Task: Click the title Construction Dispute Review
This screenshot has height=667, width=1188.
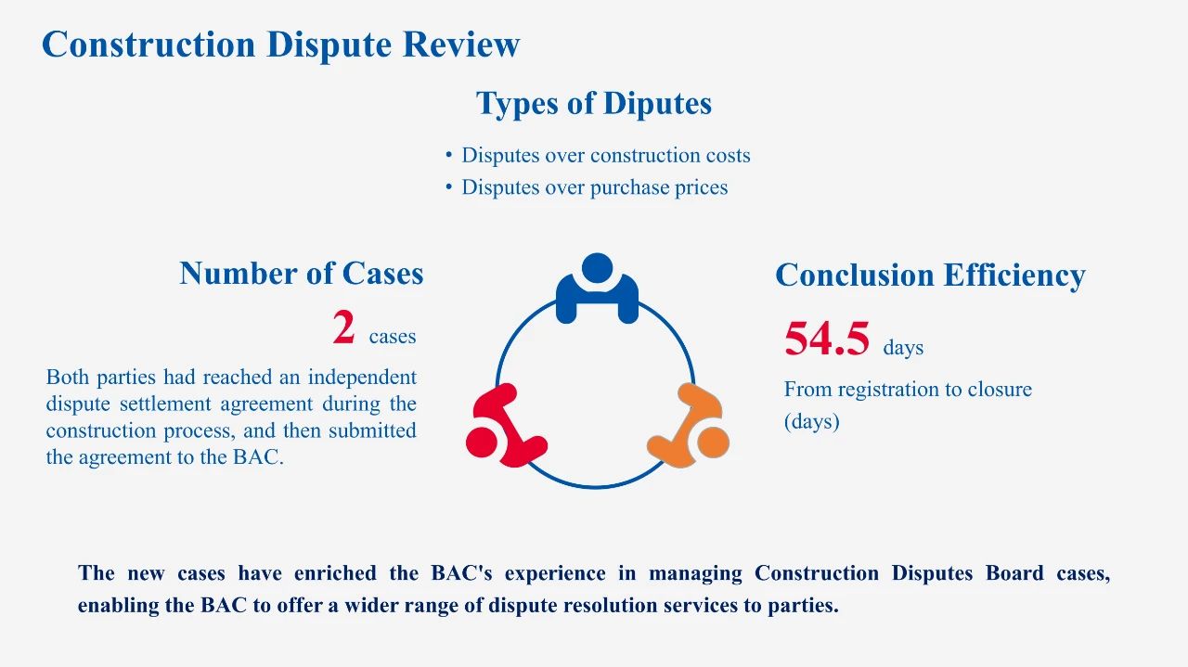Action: click(280, 44)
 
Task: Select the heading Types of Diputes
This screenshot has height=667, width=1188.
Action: click(594, 103)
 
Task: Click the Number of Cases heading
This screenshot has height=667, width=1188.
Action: click(302, 274)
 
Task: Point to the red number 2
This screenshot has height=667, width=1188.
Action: click(343, 327)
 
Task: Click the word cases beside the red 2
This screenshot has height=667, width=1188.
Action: click(393, 336)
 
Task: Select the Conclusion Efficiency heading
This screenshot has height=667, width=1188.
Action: click(930, 276)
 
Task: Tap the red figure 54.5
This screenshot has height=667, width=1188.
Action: click(827, 339)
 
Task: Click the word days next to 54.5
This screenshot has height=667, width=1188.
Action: click(903, 347)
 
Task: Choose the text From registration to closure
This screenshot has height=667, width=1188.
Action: click(908, 390)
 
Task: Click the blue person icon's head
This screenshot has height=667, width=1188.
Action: click(597, 268)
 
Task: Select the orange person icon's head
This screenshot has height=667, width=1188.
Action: click(714, 442)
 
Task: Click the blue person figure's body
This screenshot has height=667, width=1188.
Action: click(597, 301)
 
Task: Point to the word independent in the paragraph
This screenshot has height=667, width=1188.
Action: click(362, 377)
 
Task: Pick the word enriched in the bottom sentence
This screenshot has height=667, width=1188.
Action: click(335, 573)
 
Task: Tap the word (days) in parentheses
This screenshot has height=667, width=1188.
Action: click(811, 421)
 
